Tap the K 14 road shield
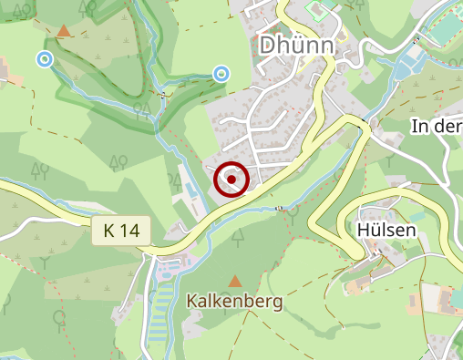[x=120, y=231]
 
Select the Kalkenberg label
[x=235, y=301]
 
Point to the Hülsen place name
[x=386, y=231]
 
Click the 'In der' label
[x=437, y=126]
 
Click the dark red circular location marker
[x=231, y=180]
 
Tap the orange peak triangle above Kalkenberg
[x=235, y=282]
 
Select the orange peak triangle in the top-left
[x=63, y=31]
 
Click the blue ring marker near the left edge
[x=44, y=59]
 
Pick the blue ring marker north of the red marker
[x=221, y=73]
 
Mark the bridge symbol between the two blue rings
[x=162, y=94]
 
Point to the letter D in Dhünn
[x=269, y=45]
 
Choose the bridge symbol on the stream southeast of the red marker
[x=281, y=208]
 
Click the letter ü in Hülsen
[x=375, y=231]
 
